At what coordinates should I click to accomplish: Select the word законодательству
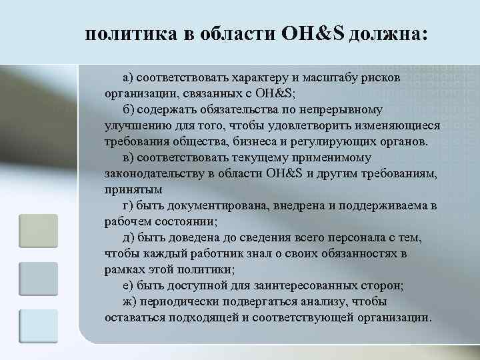tap(155, 174)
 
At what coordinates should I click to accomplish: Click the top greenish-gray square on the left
tap(38, 231)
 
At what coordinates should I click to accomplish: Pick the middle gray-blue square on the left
tap(38, 279)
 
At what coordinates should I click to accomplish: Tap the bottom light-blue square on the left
tap(38, 326)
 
